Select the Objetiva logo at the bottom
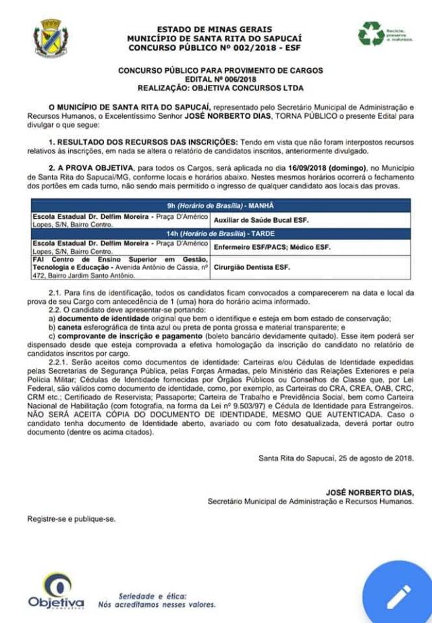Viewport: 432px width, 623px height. pyautogui.click(x=56, y=591)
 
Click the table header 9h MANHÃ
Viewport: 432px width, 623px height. pyautogui.click(x=221, y=205)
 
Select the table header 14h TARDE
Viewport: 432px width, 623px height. pyautogui.click(x=221, y=234)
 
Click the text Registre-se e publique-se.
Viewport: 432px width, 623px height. pyautogui.click(x=72, y=519)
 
